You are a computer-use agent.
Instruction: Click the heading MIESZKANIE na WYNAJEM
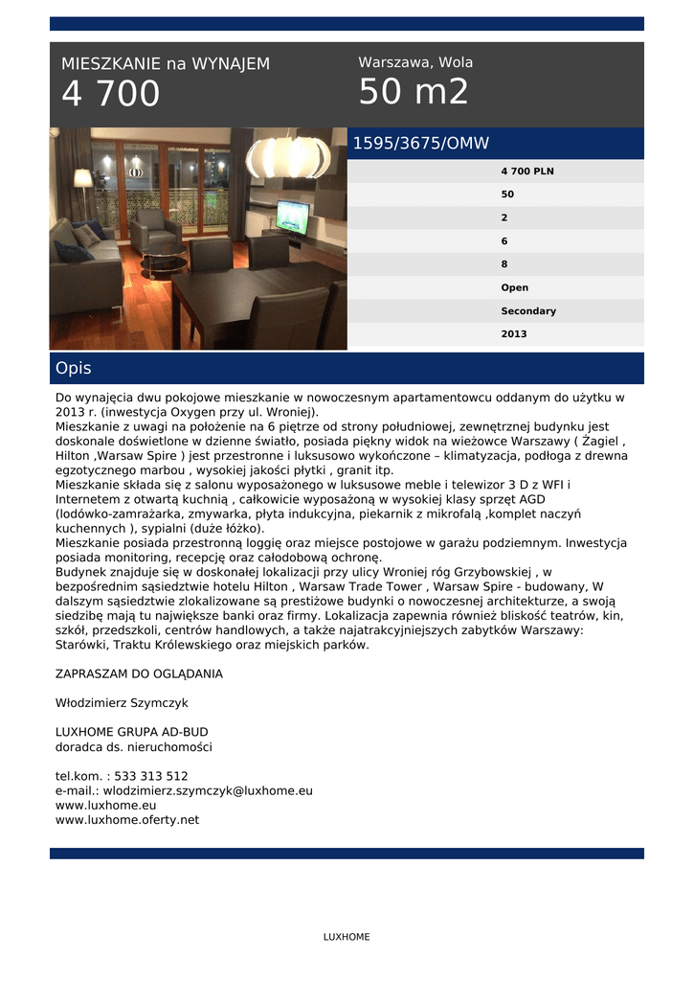[166, 64]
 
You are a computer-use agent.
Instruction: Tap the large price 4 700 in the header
[111, 95]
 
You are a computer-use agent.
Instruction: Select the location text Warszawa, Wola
[415, 62]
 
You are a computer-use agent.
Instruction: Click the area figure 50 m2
[414, 93]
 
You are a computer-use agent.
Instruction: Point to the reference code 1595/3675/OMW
[421, 144]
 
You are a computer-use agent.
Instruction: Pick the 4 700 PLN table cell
[527, 171]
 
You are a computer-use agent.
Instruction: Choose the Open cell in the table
[514, 287]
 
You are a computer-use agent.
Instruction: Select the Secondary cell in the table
[528, 311]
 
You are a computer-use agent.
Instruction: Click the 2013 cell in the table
[514, 334]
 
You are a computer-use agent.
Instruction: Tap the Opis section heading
[74, 369]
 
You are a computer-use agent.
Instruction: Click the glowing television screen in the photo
[292, 216]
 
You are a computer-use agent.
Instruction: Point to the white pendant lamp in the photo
[286, 156]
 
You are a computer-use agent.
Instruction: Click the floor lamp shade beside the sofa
[83, 178]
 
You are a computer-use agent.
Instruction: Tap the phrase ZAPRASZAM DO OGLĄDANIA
[139, 673]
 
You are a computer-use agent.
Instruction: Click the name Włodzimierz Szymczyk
[122, 703]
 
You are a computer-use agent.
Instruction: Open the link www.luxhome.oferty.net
[127, 820]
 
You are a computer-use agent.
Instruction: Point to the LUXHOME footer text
[347, 937]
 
